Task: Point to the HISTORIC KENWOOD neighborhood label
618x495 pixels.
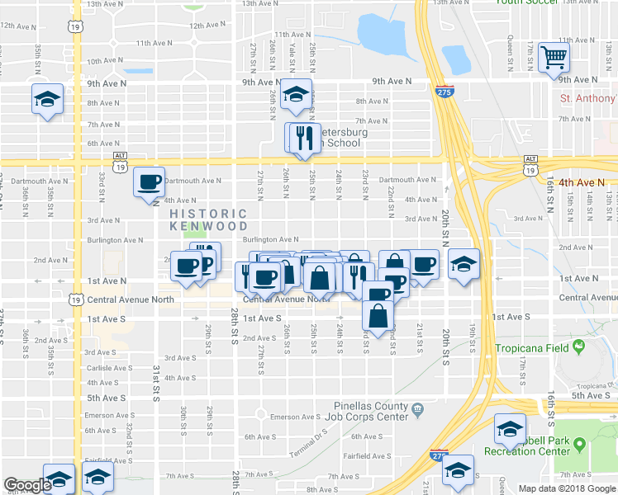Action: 209,219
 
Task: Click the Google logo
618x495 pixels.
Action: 27,485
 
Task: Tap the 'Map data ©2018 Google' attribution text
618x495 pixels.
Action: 567,488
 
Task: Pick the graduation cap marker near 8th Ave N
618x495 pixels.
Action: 47,99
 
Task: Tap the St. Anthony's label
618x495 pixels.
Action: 587,98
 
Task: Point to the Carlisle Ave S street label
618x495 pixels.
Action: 108,368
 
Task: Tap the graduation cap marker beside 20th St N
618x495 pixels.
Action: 463,265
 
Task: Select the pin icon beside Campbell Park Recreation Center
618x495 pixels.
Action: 579,445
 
